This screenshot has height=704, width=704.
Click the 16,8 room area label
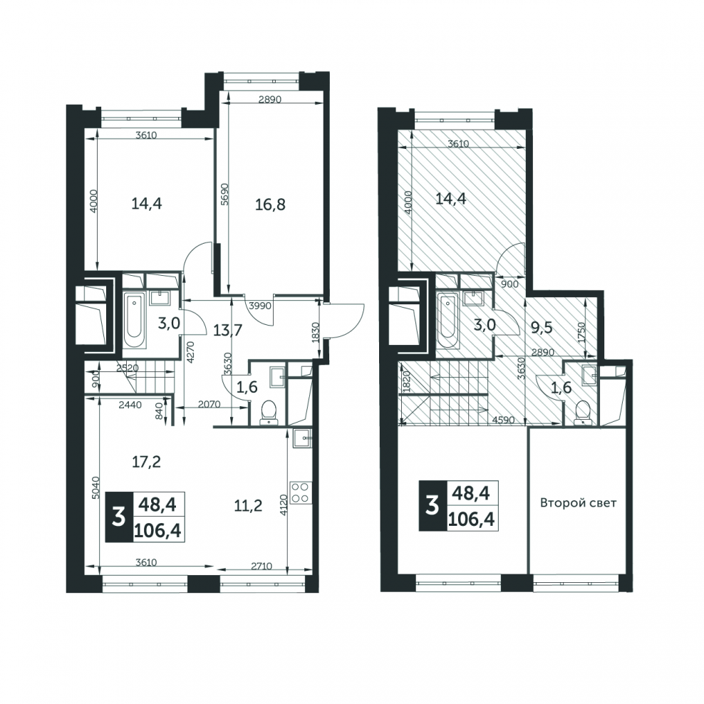point(270,205)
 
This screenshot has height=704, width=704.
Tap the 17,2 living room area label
point(146,462)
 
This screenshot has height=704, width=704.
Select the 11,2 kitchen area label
point(248,506)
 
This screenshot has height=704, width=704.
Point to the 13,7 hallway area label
point(227,331)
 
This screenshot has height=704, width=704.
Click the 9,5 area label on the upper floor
point(542,328)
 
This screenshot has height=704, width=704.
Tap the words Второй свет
point(578,503)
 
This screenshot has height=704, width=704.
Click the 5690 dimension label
point(225,194)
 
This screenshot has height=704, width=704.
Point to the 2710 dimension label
point(262,566)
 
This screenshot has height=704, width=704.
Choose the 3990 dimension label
point(260,306)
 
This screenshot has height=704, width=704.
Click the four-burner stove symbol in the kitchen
point(301,492)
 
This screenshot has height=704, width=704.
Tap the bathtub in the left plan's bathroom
point(135,320)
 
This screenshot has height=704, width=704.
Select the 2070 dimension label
point(209,404)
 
